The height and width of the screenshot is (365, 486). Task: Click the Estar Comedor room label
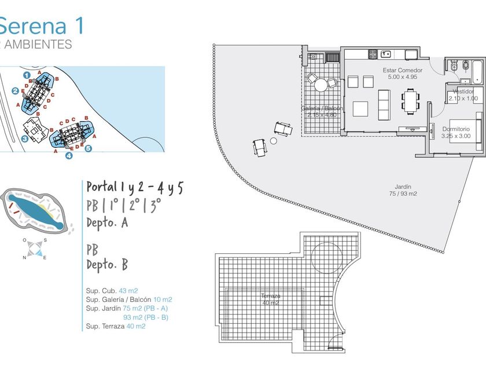pyautogui.click(x=402, y=74)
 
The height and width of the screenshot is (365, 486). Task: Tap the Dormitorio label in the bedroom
pyautogui.click(x=456, y=132)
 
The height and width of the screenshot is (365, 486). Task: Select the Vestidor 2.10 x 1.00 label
pyautogui.click(x=463, y=94)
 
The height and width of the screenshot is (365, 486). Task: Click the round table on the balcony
pyautogui.click(x=321, y=85)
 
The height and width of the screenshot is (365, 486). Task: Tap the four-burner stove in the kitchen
pyautogui.click(x=373, y=54)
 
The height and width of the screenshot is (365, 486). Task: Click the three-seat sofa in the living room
pyautogui.click(x=384, y=103)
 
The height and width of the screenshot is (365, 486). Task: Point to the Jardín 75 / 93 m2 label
pyautogui.click(x=403, y=190)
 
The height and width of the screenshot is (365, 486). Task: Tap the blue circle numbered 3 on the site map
pyautogui.click(x=25, y=138)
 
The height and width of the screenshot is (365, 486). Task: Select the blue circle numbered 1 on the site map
pyautogui.click(x=27, y=75)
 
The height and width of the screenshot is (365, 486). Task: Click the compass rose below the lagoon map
pyautogui.click(x=34, y=249)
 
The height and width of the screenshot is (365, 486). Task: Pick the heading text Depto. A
pyautogui.click(x=107, y=223)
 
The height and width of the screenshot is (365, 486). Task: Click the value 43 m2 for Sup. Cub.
pyautogui.click(x=128, y=290)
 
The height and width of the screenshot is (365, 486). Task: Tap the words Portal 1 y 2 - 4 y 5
pyautogui.click(x=135, y=187)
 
